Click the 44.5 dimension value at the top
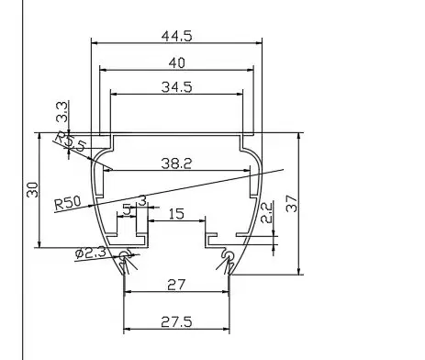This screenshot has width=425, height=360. coord(176,36)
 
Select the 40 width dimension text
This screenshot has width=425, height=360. coord(177,63)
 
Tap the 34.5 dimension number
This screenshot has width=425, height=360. coord(176,87)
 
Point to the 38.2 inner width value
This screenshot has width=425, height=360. coord(176,163)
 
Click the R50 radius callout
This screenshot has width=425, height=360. coord(68,203)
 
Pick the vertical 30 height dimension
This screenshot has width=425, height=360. coord(32,190)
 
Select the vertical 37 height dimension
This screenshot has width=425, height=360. coord(292,204)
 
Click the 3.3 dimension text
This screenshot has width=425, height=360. coord(62,112)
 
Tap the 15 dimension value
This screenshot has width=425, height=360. coord(176,214)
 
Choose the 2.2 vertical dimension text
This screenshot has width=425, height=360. coord(266,212)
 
